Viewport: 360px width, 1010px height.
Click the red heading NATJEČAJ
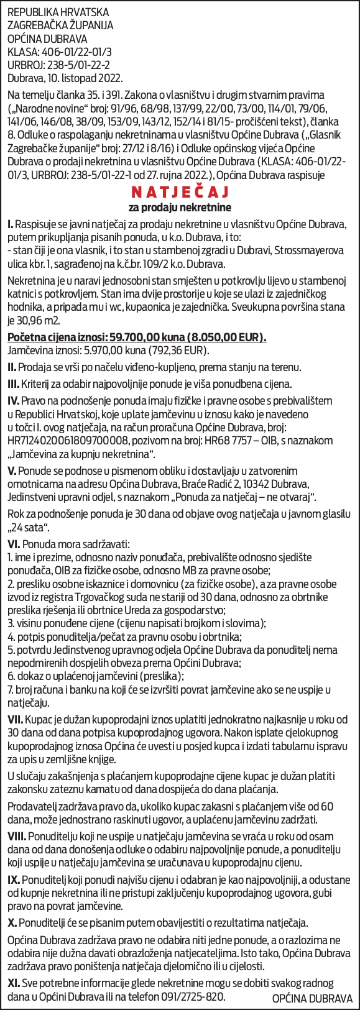coord(180,190)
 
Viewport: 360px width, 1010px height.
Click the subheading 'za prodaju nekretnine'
coord(180,206)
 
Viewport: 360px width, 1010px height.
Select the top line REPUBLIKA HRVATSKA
coord(58,12)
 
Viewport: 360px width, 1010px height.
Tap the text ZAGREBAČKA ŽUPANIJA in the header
coord(60,25)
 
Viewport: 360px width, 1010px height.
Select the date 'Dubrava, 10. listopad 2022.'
coord(65,78)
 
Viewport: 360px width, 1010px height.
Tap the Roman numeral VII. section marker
coord(16,719)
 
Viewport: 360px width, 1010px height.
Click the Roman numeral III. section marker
coord(13,384)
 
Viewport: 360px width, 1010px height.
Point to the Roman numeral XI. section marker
coord(13,983)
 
